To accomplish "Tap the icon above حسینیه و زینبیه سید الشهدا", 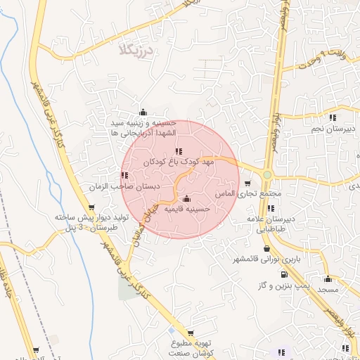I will click(x=143, y=112).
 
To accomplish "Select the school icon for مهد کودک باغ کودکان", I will click(x=179, y=151).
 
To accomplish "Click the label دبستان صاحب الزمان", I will click(x=124, y=187).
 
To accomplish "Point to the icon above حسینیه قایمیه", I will click(x=186, y=199).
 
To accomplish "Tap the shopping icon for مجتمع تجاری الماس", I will click(x=247, y=183).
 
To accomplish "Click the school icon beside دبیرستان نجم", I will click(x=332, y=117).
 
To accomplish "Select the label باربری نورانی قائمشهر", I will click(x=266, y=259).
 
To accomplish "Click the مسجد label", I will click(x=328, y=289).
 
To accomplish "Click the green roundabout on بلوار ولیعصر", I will click(x=267, y=174).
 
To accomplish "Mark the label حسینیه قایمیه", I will click(x=187, y=210).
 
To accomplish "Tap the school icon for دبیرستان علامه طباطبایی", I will click(x=271, y=208).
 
